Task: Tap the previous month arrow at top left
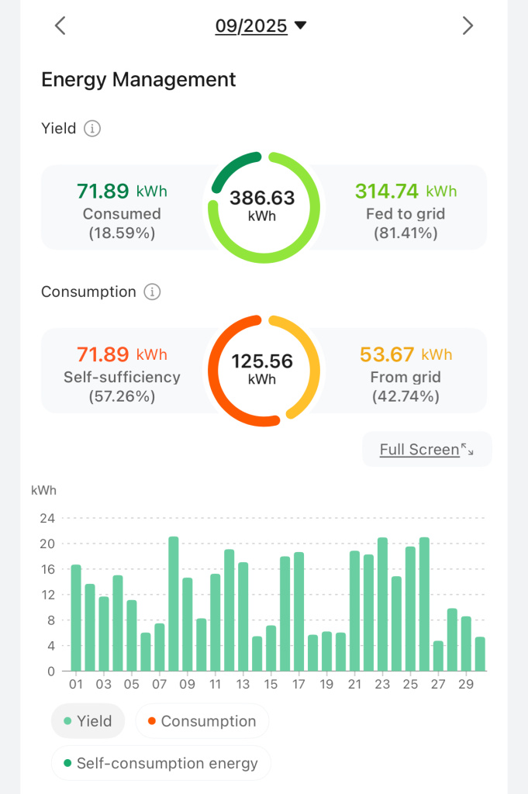tap(60, 26)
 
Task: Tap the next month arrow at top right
tap(468, 26)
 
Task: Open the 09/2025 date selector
tap(261, 26)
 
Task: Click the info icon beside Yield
tap(92, 129)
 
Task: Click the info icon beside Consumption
tap(153, 292)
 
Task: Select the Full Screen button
tap(426, 449)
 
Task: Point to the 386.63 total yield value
tap(262, 198)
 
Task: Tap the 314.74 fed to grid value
tap(387, 191)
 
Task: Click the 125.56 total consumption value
tap(262, 362)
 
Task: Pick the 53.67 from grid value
tap(388, 354)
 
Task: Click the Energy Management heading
tap(138, 79)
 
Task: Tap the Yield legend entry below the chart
tap(88, 721)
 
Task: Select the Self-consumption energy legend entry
tap(160, 763)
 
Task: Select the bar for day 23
tap(382, 604)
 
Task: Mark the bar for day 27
tap(438, 656)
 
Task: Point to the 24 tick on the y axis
tap(47, 517)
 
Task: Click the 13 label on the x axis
tap(243, 685)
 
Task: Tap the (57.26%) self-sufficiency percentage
tap(122, 396)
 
